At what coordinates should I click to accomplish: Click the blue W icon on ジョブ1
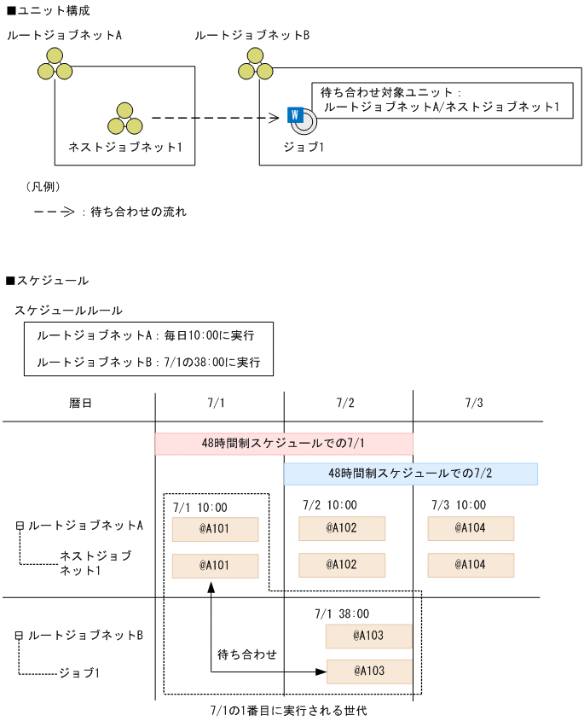coord(296,114)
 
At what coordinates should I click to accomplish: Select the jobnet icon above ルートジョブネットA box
coord(55,64)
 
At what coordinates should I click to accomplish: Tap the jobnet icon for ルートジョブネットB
coord(253,64)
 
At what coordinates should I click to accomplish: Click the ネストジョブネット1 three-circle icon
coord(125,119)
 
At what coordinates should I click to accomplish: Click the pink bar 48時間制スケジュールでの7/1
coord(284,444)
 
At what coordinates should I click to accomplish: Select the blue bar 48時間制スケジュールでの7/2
coord(410,474)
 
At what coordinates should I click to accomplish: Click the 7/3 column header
coord(476,402)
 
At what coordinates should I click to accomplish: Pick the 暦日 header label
coord(80,402)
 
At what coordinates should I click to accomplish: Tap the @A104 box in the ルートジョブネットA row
coord(471,528)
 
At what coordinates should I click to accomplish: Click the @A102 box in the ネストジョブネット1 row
coord(341,565)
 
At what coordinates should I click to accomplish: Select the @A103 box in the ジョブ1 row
coord(368,672)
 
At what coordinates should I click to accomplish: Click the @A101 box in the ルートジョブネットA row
coord(215,528)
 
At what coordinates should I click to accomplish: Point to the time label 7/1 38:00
coord(342,613)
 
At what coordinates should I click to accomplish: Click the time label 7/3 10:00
coord(459,505)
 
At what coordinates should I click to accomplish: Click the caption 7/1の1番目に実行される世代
coord(288,710)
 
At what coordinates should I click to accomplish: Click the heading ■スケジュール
coord(46,280)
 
